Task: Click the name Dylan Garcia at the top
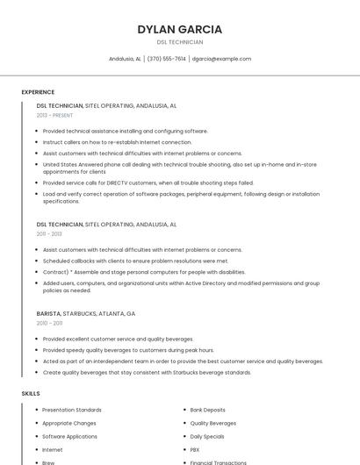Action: point(179,29)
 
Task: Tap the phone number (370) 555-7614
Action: point(167,59)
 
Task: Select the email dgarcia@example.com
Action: point(221,59)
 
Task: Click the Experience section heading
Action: point(38,92)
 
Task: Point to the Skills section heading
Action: point(31,394)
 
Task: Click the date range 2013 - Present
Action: point(54,115)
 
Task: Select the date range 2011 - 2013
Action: point(49,234)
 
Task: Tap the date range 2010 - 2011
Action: point(49,323)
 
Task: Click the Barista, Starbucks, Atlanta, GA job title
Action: point(86,313)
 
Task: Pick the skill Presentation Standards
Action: point(72,410)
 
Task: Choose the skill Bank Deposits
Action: point(207,410)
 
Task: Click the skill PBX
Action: point(195,449)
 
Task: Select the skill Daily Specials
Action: point(207,436)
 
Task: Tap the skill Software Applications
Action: point(69,436)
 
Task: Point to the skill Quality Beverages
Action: point(212,423)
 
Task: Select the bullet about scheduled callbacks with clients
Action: point(135,261)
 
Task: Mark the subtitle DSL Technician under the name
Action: point(179,42)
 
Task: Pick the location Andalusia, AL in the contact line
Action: point(125,59)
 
